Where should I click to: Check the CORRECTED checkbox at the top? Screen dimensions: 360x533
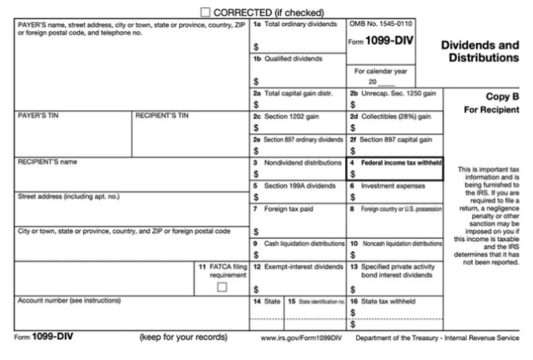[205, 12]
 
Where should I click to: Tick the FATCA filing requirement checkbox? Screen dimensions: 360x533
[222, 287]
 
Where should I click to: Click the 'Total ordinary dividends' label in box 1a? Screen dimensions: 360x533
[300, 24]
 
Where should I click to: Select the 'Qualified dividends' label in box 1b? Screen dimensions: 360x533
[293, 59]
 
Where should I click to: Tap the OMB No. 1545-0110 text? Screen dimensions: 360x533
[381, 24]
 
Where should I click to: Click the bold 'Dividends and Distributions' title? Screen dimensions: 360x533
[480, 52]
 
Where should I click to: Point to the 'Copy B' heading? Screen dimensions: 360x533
[502, 97]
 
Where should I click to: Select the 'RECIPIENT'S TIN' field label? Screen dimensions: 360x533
[162, 116]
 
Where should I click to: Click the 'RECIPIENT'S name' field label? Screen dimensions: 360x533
[47, 162]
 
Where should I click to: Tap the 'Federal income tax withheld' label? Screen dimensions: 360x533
[401, 163]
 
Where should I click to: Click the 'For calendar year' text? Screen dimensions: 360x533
[381, 71]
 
